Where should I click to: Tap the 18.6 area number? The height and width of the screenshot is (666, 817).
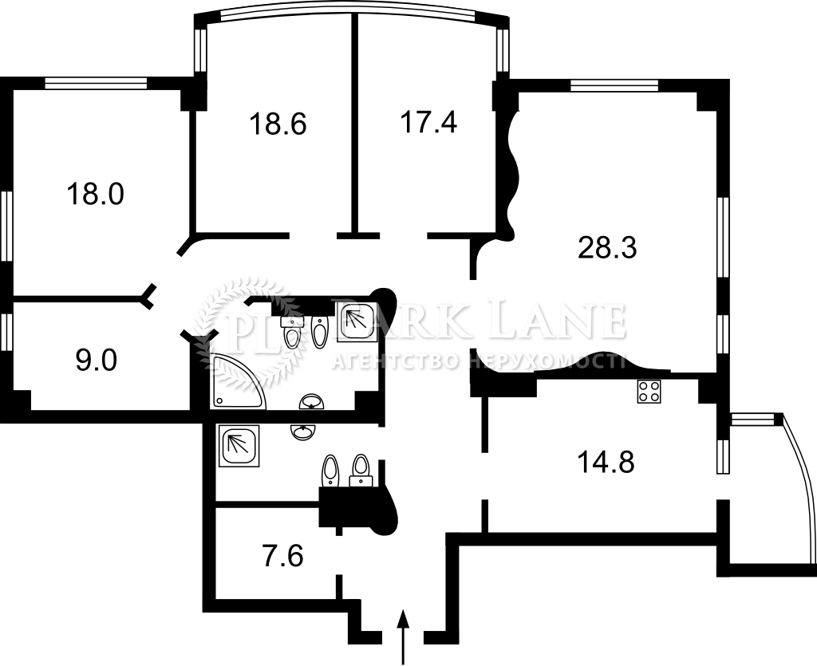(278, 124)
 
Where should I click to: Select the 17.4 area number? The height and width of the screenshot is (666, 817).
(428, 122)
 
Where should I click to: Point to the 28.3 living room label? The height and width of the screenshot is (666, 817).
(607, 247)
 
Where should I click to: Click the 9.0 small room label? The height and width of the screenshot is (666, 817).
(97, 361)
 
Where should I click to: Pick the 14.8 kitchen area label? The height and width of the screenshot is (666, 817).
(606, 461)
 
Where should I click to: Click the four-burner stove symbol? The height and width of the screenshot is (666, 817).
(649, 391)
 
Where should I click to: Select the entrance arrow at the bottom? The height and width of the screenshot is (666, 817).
(402, 636)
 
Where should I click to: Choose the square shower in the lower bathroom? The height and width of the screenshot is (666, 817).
(240, 446)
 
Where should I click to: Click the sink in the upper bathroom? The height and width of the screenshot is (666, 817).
(312, 401)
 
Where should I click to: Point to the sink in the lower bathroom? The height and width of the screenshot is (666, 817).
(303, 432)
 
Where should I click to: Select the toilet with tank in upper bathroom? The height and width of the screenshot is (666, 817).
(292, 332)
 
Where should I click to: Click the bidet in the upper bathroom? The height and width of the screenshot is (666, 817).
(319, 331)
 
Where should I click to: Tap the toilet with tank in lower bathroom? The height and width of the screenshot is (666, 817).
(360, 471)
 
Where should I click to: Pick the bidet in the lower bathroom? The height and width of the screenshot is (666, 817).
(330, 471)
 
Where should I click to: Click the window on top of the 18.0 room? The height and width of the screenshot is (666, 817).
(96, 83)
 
